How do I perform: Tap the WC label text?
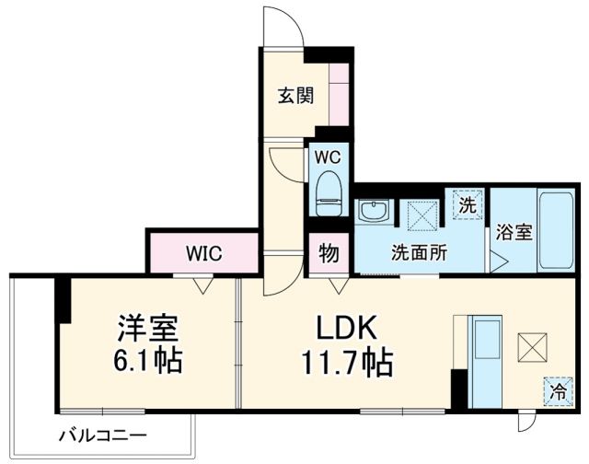[x=328, y=156]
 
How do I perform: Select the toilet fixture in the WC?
[x=329, y=194]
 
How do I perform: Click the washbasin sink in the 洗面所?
[x=375, y=213]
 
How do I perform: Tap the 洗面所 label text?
[x=419, y=252]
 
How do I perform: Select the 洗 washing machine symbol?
[x=468, y=204]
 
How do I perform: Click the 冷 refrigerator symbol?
[x=556, y=390]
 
